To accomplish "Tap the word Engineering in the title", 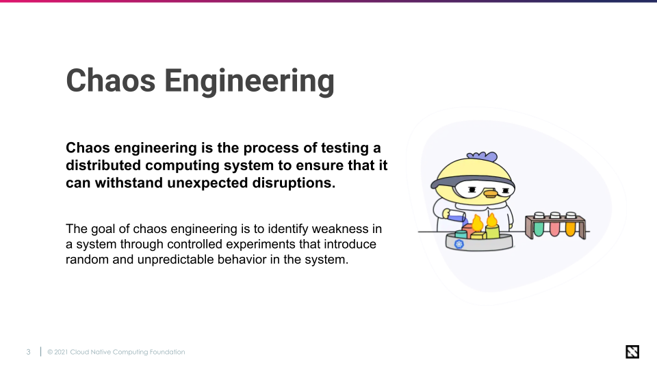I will [249, 82].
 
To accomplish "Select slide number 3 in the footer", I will [28, 352].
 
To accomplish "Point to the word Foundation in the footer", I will [166, 352].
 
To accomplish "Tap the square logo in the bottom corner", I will [632, 352].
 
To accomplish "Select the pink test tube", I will [555, 227].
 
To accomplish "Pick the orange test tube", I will [570, 227].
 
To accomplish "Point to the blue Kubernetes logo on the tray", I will [459, 244].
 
